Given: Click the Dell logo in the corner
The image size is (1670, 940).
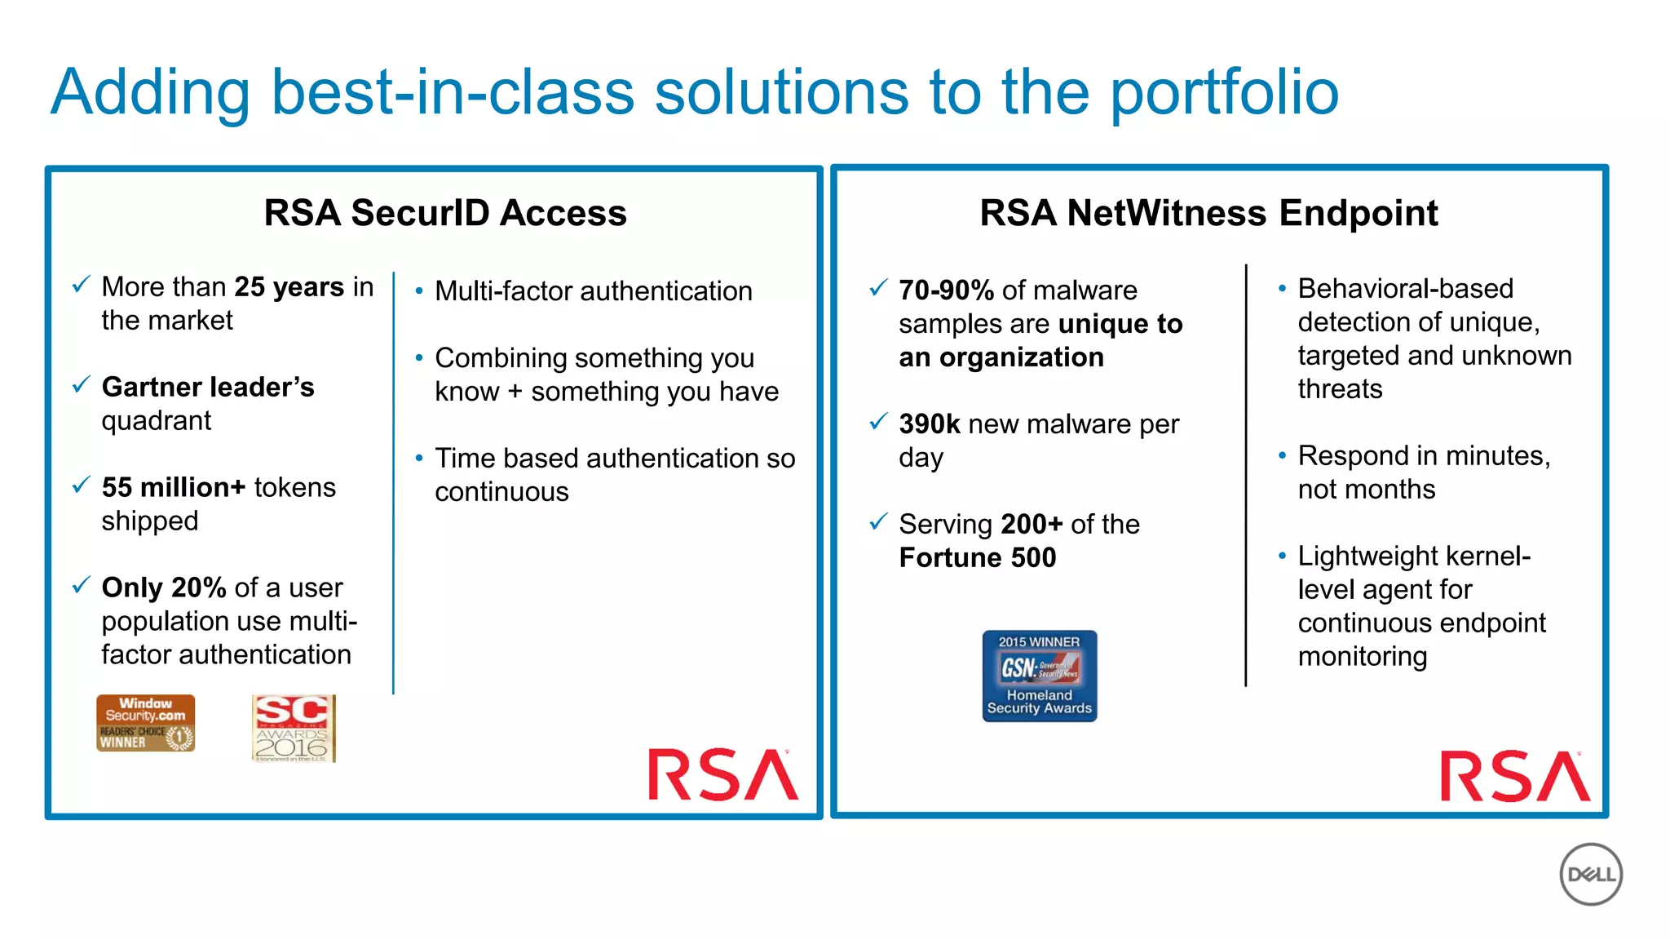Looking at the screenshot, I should tap(1590, 874).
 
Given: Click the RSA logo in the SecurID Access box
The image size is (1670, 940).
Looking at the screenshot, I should tap(722, 774).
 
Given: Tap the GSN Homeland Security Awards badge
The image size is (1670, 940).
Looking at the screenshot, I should tap(1039, 676).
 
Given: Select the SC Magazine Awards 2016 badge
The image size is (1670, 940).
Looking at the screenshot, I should tap(294, 728).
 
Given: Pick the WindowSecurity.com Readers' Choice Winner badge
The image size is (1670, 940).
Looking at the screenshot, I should tap(146, 723).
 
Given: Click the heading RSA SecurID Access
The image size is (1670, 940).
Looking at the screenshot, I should tap(445, 213).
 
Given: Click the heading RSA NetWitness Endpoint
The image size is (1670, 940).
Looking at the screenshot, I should tap(1208, 213).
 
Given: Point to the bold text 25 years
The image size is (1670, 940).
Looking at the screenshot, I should tap(289, 287).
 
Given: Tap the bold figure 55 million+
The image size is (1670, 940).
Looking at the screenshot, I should tap(174, 487).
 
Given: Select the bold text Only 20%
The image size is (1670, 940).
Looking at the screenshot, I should tap(164, 587).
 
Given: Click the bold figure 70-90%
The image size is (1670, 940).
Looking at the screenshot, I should tap(946, 290).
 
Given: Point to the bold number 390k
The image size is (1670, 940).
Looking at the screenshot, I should tap(930, 424).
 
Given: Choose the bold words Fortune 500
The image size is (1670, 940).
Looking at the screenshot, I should tap(977, 558).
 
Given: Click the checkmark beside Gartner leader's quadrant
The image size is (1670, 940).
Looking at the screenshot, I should tap(81, 384).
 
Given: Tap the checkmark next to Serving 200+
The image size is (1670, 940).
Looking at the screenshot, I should tap(878, 521).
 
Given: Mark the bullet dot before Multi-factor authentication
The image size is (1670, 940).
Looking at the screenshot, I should tap(419, 291).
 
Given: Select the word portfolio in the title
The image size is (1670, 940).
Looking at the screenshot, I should tap(1224, 92).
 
